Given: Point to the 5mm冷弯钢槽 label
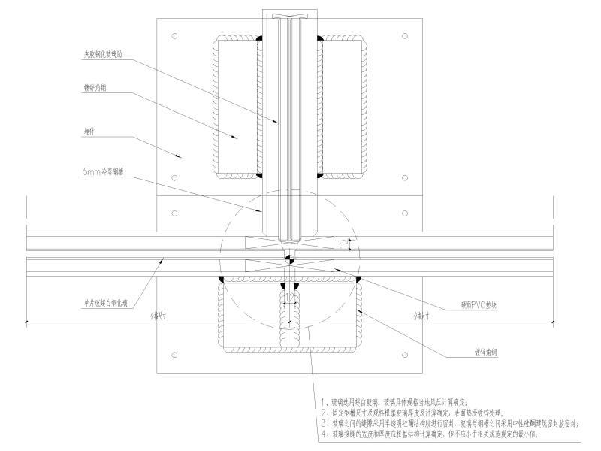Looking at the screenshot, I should [x=104, y=173].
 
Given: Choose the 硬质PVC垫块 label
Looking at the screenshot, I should [x=480, y=305].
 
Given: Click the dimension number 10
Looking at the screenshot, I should [x=343, y=243].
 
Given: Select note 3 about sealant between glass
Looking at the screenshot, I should [x=449, y=424].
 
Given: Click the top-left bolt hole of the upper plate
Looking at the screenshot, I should [x=174, y=35].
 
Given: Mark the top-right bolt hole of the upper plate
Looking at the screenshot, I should [x=405, y=35].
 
